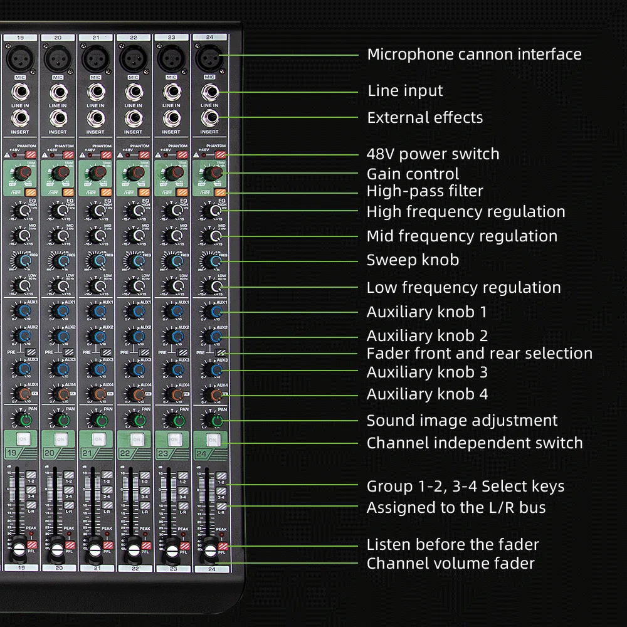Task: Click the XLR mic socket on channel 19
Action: (x=20, y=60)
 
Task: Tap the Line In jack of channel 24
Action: (x=209, y=93)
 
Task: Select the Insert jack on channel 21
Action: (x=95, y=119)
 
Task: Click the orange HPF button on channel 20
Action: (x=68, y=192)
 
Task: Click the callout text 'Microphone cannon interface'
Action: (x=474, y=55)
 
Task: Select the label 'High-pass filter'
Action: (x=424, y=191)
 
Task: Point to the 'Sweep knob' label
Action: (x=413, y=260)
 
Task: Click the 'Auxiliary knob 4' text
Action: (x=427, y=394)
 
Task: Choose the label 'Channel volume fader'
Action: (x=450, y=564)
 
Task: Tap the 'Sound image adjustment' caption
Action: (x=461, y=421)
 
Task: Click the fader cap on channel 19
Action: (x=19, y=550)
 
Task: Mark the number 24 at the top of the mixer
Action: (x=209, y=38)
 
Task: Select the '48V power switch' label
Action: (x=433, y=154)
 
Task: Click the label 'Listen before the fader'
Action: (x=452, y=545)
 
